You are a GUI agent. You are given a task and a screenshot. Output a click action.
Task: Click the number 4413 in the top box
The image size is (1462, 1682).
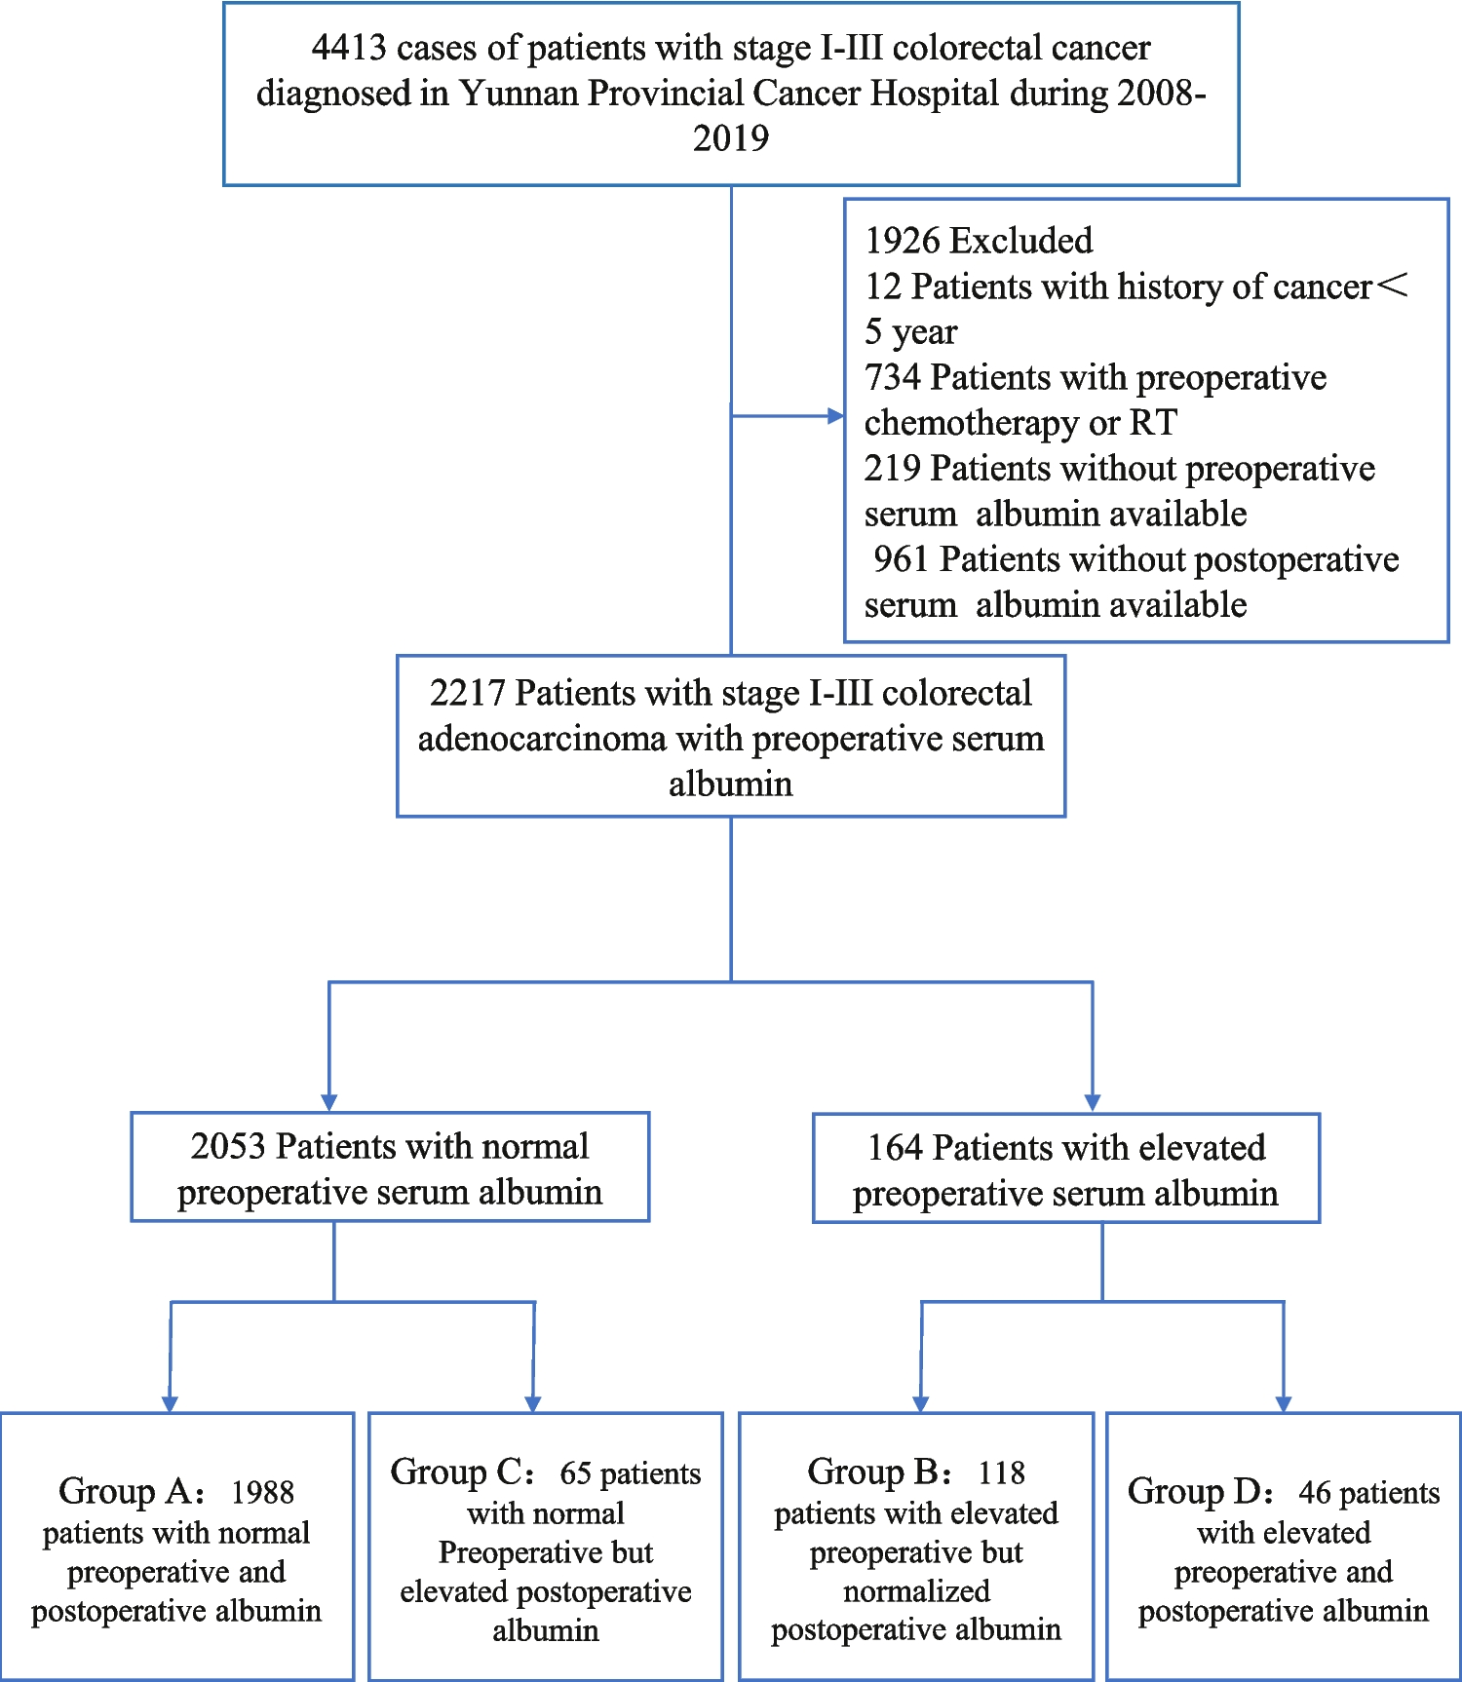(x=349, y=48)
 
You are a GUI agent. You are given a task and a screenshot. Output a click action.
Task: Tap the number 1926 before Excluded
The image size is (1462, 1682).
(x=903, y=241)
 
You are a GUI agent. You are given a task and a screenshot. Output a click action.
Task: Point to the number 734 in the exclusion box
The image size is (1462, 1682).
(x=892, y=377)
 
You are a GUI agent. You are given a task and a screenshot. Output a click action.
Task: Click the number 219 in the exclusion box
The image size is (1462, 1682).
(x=892, y=469)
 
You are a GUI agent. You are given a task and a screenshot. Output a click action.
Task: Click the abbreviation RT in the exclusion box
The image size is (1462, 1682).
(x=1153, y=423)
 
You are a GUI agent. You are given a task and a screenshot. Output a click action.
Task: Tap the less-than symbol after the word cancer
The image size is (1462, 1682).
(x=1393, y=286)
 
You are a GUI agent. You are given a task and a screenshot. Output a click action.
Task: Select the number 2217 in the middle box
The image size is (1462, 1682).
(x=467, y=693)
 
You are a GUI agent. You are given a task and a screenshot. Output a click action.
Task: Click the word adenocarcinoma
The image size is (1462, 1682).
(x=542, y=739)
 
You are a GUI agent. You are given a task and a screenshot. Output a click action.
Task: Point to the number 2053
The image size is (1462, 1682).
(x=228, y=1147)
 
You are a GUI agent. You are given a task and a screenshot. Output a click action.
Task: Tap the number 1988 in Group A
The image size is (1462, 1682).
(x=262, y=1492)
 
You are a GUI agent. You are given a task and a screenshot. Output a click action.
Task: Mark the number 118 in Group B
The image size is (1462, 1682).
(x=1002, y=1472)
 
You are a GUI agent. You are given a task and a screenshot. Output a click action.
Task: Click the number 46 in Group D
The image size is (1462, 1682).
(x=1314, y=1492)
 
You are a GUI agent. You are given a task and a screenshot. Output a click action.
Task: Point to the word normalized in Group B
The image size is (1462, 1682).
(x=916, y=1591)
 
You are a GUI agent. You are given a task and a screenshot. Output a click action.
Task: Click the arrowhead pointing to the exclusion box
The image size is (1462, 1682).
(x=835, y=416)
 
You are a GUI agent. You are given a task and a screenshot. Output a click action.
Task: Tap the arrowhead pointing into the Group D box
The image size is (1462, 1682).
(x=1284, y=1403)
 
